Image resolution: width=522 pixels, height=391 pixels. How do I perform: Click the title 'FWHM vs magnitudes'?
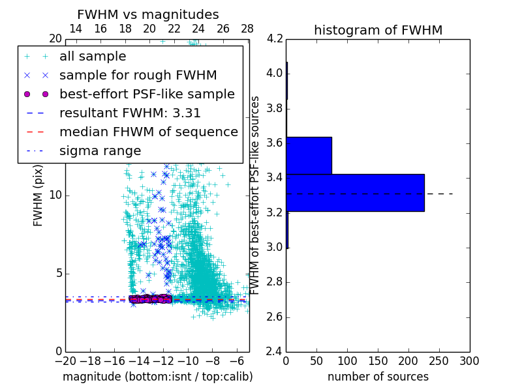click(148, 14)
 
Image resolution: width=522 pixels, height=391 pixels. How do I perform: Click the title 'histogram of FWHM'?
click(378, 30)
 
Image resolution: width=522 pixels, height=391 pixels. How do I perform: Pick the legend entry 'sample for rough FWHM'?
click(138, 76)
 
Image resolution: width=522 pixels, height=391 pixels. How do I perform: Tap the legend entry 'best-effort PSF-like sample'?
click(147, 94)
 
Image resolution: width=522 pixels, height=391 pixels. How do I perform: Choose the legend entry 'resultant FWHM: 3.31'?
click(130, 113)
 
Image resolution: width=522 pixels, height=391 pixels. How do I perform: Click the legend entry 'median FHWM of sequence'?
click(148, 132)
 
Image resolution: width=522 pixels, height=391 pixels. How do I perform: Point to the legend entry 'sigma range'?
click(100, 151)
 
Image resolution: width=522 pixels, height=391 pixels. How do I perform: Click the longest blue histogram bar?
click(355, 193)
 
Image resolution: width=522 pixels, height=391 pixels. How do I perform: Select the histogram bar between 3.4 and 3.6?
click(309, 156)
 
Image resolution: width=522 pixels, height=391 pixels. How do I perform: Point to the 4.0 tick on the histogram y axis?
click(275, 73)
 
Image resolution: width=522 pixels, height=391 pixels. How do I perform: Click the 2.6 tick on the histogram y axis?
click(275, 317)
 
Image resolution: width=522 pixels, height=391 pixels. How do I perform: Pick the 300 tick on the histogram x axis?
click(469, 360)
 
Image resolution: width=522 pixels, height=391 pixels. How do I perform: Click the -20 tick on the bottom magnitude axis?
click(65, 360)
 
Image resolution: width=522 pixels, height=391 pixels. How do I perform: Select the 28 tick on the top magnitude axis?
click(247, 29)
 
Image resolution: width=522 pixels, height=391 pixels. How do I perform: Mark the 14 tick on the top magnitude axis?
click(76, 29)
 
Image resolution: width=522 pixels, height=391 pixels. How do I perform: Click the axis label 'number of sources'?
click(378, 377)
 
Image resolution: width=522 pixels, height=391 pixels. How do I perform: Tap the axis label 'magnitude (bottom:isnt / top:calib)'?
click(157, 377)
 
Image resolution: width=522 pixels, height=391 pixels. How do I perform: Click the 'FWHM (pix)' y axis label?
click(38, 195)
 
